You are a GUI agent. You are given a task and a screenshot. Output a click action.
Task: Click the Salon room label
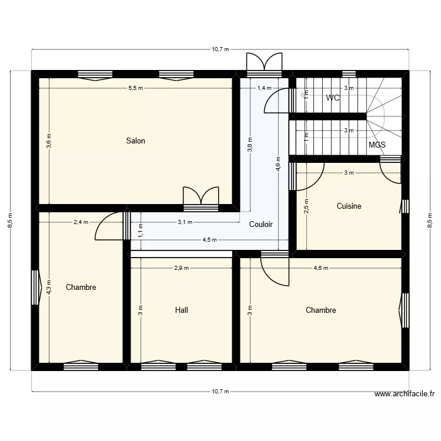[x=135, y=141]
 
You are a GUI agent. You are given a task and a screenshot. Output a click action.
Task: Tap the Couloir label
[x=260, y=224]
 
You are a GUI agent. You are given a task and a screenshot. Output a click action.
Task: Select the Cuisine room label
[x=349, y=206]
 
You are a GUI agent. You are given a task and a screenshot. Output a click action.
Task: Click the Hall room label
[x=182, y=310]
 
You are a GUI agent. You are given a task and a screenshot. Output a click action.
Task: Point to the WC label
[x=333, y=98]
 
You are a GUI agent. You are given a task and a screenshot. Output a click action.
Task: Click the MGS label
[x=377, y=144]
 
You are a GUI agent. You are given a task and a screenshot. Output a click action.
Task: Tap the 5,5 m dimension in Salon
[x=135, y=88]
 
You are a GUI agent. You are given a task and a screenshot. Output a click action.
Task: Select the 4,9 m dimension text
[x=278, y=162]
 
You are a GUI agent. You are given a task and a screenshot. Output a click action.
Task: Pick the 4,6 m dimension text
[x=320, y=268]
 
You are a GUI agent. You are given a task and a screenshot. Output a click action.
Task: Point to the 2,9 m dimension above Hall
[x=181, y=268]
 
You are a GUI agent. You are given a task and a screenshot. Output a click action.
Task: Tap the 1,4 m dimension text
[x=265, y=88]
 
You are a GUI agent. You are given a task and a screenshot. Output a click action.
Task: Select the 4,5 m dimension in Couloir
[x=210, y=240]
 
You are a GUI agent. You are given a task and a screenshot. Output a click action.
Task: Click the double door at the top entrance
[x=264, y=62]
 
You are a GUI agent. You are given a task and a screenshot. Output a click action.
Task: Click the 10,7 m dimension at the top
[x=220, y=49]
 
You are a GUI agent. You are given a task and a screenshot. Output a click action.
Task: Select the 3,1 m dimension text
[x=185, y=222]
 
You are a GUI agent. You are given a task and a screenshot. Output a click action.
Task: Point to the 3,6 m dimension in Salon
[x=49, y=142]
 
